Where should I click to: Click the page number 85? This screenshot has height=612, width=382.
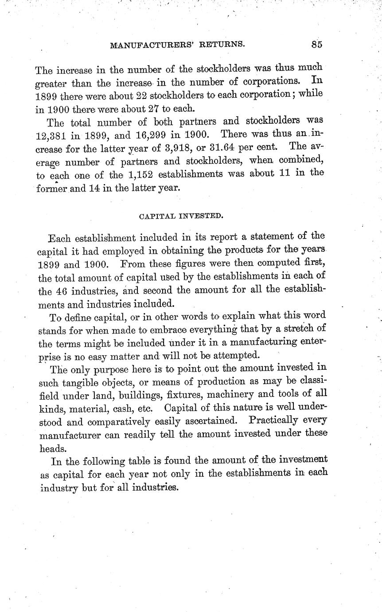coord(316,44)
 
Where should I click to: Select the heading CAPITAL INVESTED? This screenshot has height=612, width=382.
coord(181,216)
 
